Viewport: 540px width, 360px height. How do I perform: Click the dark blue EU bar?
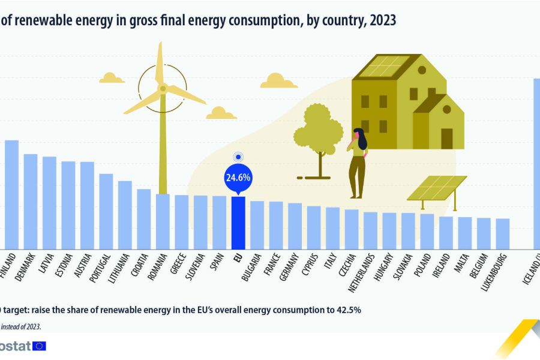(x=238, y=223)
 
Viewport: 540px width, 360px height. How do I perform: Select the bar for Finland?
(x=12, y=195)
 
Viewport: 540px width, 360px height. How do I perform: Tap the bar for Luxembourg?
(x=502, y=233)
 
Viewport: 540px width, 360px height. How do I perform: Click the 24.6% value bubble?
(x=238, y=178)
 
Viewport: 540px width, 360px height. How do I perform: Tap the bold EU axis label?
(x=238, y=260)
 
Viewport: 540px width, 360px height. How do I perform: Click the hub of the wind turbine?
(x=162, y=89)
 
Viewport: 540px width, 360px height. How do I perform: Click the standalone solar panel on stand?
(x=437, y=188)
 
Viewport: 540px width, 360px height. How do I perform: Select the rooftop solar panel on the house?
(x=384, y=67)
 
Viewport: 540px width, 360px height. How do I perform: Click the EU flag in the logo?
(x=40, y=346)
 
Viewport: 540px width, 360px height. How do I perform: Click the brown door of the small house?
(x=446, y=139)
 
